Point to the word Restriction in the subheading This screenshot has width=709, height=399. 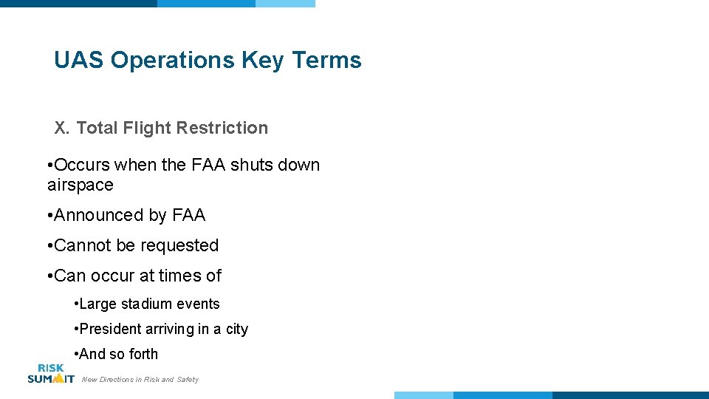pyautogui.click(x=227, y=128)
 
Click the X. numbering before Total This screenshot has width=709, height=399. pyautogui.click(x=61, y=128)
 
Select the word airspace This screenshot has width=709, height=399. pyautogui.click(x=80, y=185)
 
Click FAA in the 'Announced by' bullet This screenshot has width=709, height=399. pyautogui.click(x=188, y=216)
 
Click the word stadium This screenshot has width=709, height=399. pyautogui.click(x=143, y=304)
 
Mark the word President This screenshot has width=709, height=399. pyautogui.click(x=111, y=330)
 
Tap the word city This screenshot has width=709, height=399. pyautogui.click(x=236, y=330)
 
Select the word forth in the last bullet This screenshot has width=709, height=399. pyautogui.click(x=143, y=355)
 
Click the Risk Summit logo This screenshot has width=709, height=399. pyautogui.click(x=50, y=373)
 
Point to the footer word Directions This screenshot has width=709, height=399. pyautogui.click(x=117, y=380)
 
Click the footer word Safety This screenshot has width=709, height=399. pyautogui.click(x=188, y=380)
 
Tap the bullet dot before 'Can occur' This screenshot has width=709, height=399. pyautogui.click(x=48, y=276)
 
